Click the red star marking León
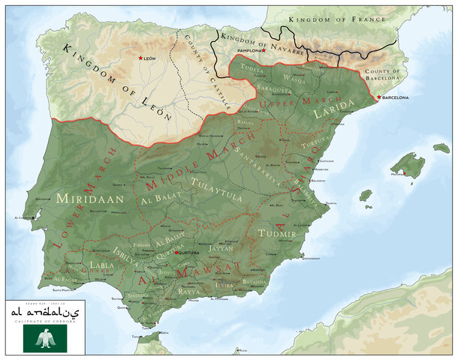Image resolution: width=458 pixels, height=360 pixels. pos(140,58)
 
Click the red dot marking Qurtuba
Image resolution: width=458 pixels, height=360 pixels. pos(176,253)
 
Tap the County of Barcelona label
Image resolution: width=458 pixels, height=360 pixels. pos(384,75)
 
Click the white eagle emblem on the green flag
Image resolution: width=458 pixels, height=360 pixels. pos(45,339)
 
